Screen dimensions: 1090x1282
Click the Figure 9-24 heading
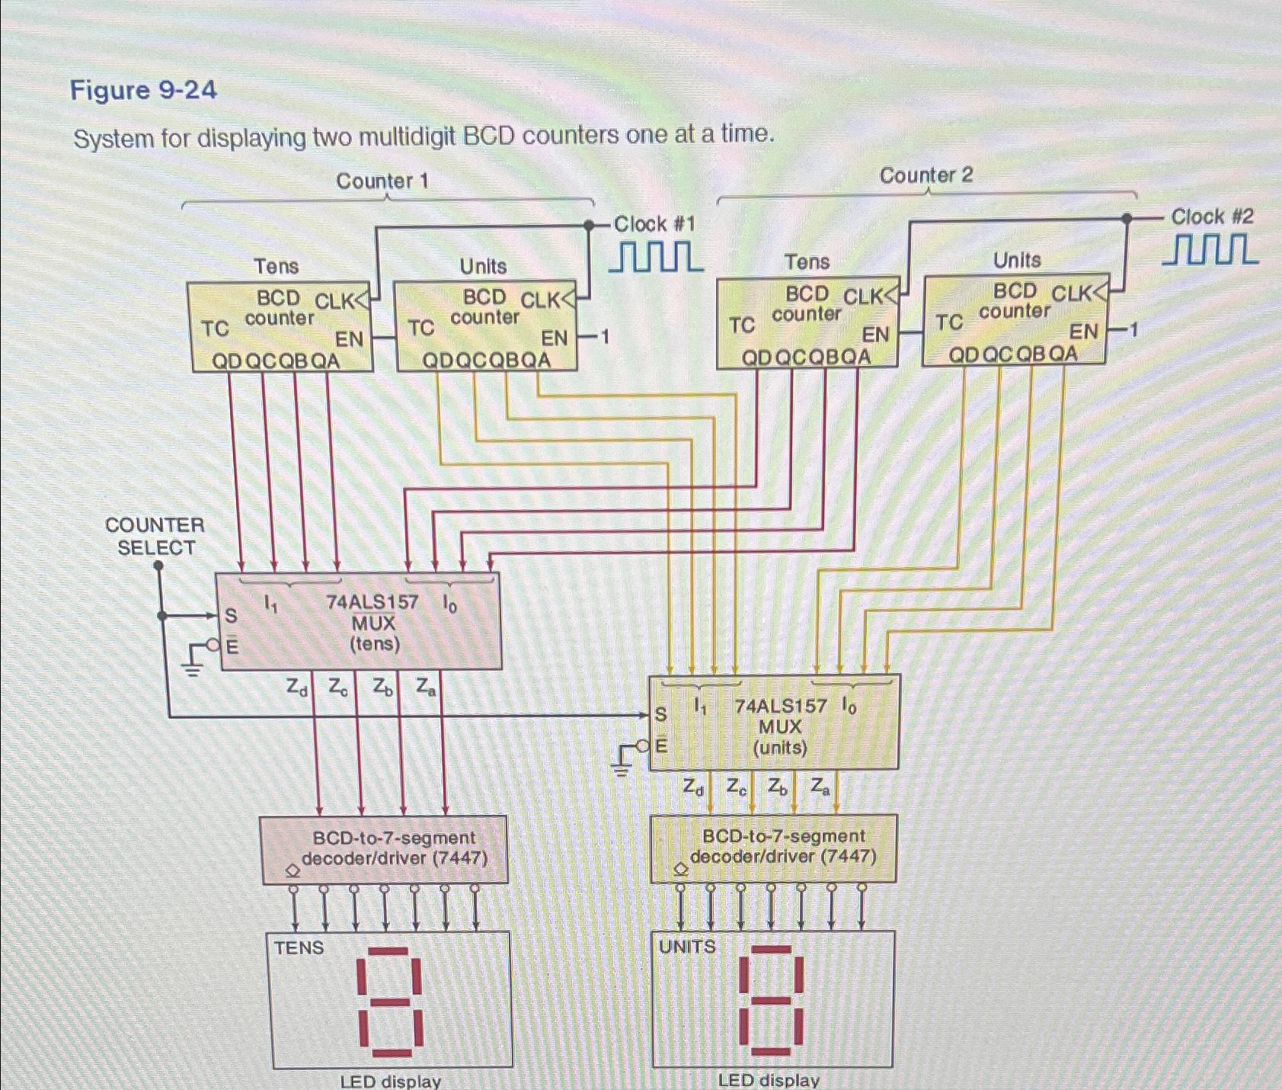[x=143, y=91]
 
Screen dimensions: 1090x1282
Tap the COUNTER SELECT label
[x=155, y=536]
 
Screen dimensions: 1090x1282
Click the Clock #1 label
[x=654, y=224]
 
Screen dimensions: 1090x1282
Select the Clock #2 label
[x=1212, y=216]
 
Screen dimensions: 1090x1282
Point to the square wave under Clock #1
[x=656, y=257]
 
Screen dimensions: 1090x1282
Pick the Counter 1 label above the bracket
[x=382, y=181]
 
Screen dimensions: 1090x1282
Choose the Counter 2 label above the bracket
[x=926, y=175]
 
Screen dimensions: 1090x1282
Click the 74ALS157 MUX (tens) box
[x=360, y=622]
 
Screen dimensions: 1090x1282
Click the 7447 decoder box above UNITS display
[x=773, y=848]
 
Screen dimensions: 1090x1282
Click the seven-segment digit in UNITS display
[x=772, y=999]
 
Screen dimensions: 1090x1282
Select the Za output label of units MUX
[x=820, y=786]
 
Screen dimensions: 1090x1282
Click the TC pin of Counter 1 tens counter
[x=215, y=329]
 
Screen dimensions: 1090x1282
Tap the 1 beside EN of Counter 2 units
[x=1133, y=330]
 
